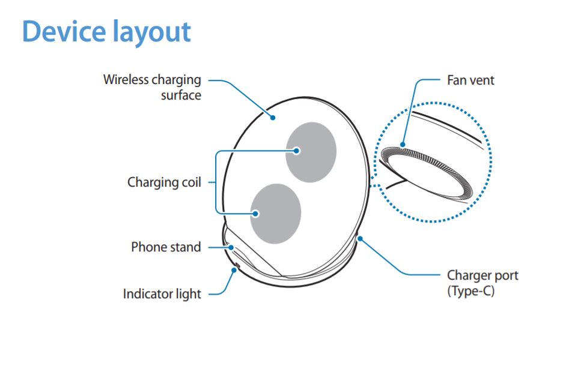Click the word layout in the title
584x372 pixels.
click(x=151, y=31)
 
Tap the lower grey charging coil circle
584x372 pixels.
click(x=275, y=213)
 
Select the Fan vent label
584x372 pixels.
click(x=470, y=80)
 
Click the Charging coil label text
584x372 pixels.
click(x=164, y=182)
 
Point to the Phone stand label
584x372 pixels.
click(x=166, y=247)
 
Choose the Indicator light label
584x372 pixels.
click(x=162, y=294)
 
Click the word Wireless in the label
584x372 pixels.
click(x=126, y=80)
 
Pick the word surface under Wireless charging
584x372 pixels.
click(x=181, y=95)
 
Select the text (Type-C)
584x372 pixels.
click(x=470, y=292)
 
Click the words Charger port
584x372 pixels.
click(x=482, y=276)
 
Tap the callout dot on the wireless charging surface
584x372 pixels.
click(x=272, y=118)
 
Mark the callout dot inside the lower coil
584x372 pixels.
click(x=255, y=213)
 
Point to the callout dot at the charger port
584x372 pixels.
click(x=359, y=239)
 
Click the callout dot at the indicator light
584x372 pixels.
click(x=233, y=269)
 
